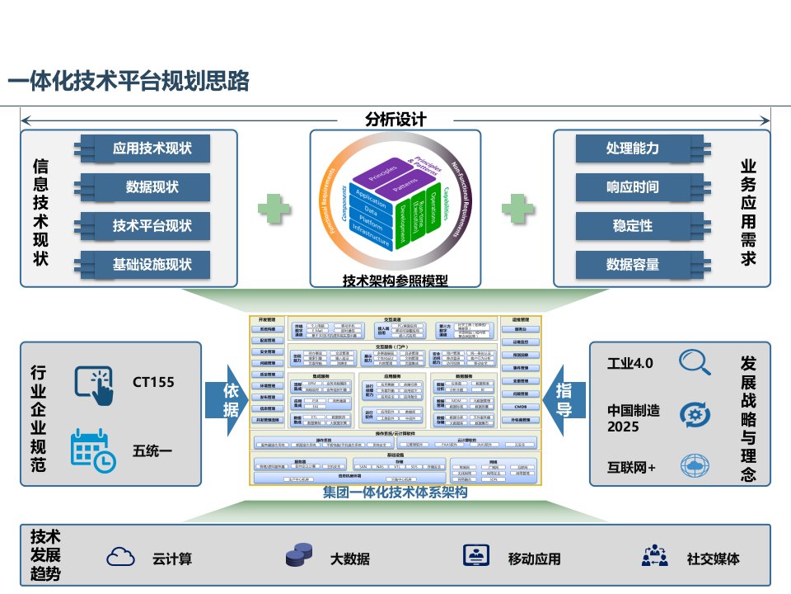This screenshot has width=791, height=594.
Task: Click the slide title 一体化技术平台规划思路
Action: tap(129, 82)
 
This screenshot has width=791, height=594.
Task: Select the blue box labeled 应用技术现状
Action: tap(152, 148)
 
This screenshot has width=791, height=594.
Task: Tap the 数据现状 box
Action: tap(152, 187)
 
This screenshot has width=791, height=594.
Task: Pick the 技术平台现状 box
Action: tap(152, 225)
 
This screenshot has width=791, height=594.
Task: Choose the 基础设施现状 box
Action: tap(152, 264)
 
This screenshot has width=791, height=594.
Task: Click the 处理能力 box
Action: tap(633, 148)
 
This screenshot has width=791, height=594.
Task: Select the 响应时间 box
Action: tap(633, 187)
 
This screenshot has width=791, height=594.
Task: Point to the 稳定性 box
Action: tap(633, 225)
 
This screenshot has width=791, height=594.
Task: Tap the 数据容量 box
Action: tap(633, 264)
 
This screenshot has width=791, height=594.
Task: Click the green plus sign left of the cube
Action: tap(274, 208)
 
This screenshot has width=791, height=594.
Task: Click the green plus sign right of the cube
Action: tap(517, 208)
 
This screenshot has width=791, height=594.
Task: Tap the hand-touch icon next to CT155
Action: tap(94, 384)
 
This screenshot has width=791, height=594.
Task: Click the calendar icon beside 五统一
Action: tap(92, 450)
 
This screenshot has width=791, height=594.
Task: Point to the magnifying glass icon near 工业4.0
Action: tap(695, 363)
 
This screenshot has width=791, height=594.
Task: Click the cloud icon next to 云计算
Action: tap(121, 557)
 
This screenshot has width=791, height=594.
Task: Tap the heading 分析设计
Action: tap(395, 118)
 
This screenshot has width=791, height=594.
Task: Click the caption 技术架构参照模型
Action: tap(395, 281)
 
